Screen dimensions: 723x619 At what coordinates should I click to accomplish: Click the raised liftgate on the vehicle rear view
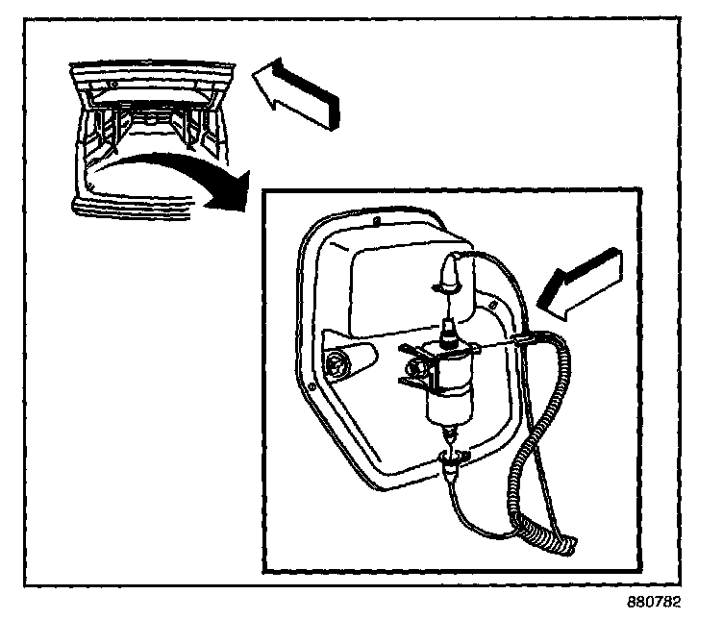click(x=154, y=77)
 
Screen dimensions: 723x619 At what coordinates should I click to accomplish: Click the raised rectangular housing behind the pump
click(x=394, y=279)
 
